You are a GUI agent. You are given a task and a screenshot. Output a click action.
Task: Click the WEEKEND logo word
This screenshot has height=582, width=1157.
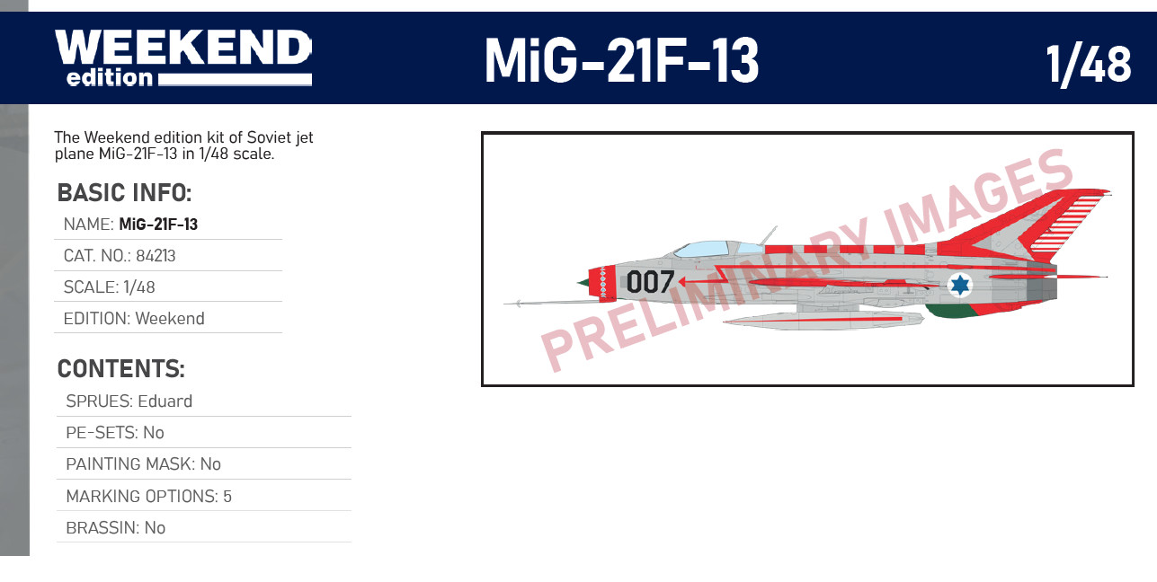tap(183, 47)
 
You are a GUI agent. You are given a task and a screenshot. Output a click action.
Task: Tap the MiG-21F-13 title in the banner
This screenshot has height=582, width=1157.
tap(621, 61)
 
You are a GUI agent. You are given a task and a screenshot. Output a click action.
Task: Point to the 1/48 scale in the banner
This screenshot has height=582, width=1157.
tap(1089, 65)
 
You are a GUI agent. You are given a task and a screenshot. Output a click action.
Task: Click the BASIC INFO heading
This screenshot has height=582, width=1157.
tap(124, 193)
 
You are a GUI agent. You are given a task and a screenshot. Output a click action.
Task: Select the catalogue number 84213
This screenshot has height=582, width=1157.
tap(156, 256)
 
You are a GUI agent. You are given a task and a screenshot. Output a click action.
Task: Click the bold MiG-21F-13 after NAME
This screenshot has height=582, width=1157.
tap(158, 225)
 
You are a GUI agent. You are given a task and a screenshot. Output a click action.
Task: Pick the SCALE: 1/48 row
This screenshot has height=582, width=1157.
tap(109, 287)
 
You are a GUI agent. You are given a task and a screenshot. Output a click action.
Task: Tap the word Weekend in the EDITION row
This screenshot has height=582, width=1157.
tap(170, 318)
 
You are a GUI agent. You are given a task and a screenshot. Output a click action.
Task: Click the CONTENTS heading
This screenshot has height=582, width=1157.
tap(120, 369)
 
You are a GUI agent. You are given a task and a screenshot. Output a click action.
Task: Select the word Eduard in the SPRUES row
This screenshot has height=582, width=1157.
tap(165, 401)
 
